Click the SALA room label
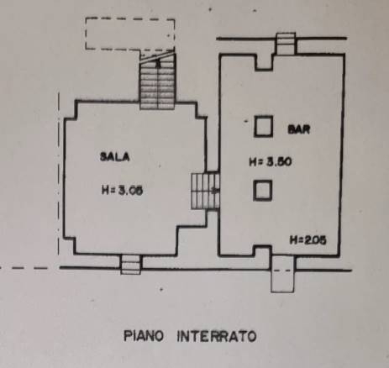[115, 156]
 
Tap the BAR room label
[299, 129]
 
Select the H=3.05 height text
[122, 191]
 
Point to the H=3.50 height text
[271, 162]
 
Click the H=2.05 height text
[308, 240]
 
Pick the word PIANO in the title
[144, 336]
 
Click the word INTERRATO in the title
[217, 336]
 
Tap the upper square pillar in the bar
[263, 126]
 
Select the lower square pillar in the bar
[263, 191]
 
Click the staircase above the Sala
[157, 81]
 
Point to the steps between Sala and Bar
[205, 192]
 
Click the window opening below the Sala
[131, 264]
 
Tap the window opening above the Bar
[286, 44]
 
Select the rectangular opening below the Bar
[283, 275]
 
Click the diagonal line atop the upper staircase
[157, 56]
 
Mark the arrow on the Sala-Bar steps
[215, 192]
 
